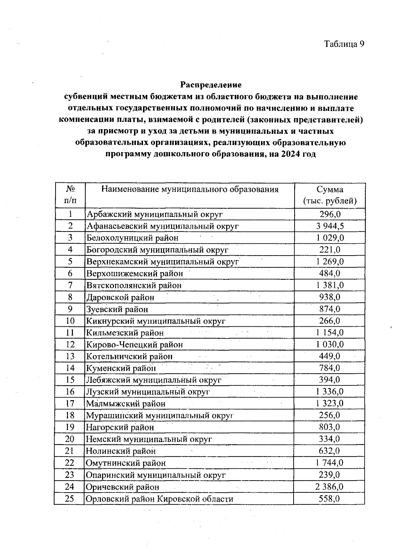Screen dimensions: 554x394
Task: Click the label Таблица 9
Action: [344, 44]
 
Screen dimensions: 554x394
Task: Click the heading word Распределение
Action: [211, 85]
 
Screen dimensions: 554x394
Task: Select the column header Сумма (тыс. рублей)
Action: [330, 195]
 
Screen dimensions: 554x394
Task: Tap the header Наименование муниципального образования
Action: [190, 189]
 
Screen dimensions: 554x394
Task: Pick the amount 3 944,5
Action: [330, 226]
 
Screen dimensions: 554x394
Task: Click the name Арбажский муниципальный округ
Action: [155, 215]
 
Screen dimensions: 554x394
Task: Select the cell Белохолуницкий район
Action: [132, 238]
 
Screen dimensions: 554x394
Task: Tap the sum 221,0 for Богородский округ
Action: [330, 250]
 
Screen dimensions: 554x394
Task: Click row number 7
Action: [70, 285]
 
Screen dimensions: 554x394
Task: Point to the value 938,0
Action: [330, 297]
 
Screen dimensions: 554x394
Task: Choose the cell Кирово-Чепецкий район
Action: [135, 344]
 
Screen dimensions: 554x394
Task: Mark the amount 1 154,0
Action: [330, 333]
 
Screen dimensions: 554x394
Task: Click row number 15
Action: [70, 380]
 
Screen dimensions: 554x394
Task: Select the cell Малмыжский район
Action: [126, 404]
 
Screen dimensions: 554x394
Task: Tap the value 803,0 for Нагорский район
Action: [330, 427]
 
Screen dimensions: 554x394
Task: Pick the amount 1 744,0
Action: [330, 463]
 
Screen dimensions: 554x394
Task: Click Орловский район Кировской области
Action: [159, 499]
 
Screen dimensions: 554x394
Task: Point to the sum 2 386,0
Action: [330, 487]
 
